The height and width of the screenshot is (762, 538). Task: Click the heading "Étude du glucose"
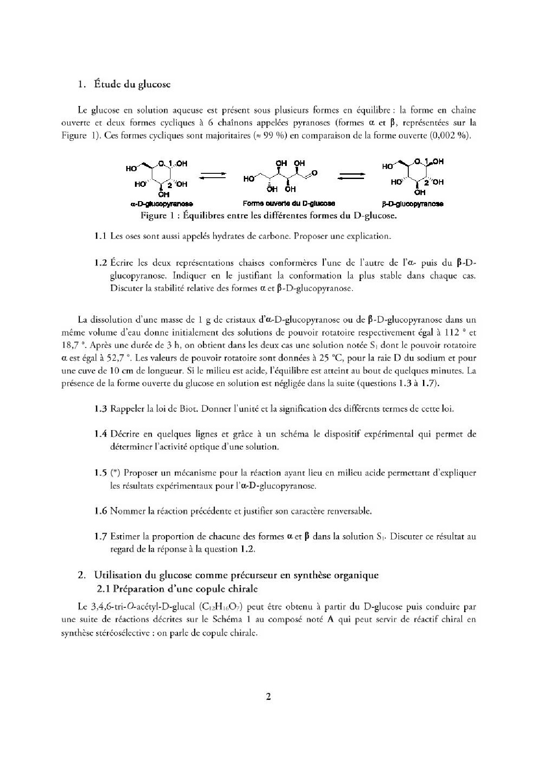pyautogui.click(x=131, y=84)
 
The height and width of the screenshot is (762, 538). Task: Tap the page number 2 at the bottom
pyautogui.click(x=268, y=696)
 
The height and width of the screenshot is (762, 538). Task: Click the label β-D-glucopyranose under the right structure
pyautogui.click(x=413, y=204)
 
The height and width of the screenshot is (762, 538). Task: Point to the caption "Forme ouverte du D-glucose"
pyautogui.click(x=289, y=203)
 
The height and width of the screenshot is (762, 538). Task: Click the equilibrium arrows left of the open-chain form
pyautogui.click(x=212, y=175)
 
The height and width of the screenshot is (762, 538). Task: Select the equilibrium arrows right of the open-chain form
pyautogui.click(x=351, y=176)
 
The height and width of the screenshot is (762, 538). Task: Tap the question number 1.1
pyautogui.click(x=100, y=236)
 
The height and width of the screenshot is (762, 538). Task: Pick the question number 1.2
pyautogui.click(x=100, y=263)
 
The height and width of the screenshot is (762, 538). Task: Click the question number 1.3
pyautogui.click(x=100, y=409)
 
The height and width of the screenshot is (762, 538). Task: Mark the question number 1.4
pyautogui.click(x=100, y=434)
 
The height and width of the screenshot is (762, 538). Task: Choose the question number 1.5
pyautogui.click(x=100, y=473)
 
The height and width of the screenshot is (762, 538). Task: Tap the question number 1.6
pyautogui.click(x=100, y=511)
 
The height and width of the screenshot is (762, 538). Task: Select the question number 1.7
pyautogui.click(x=100, y=537)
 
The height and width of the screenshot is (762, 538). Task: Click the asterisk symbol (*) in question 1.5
pyautogui.click(x=115, y=473)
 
